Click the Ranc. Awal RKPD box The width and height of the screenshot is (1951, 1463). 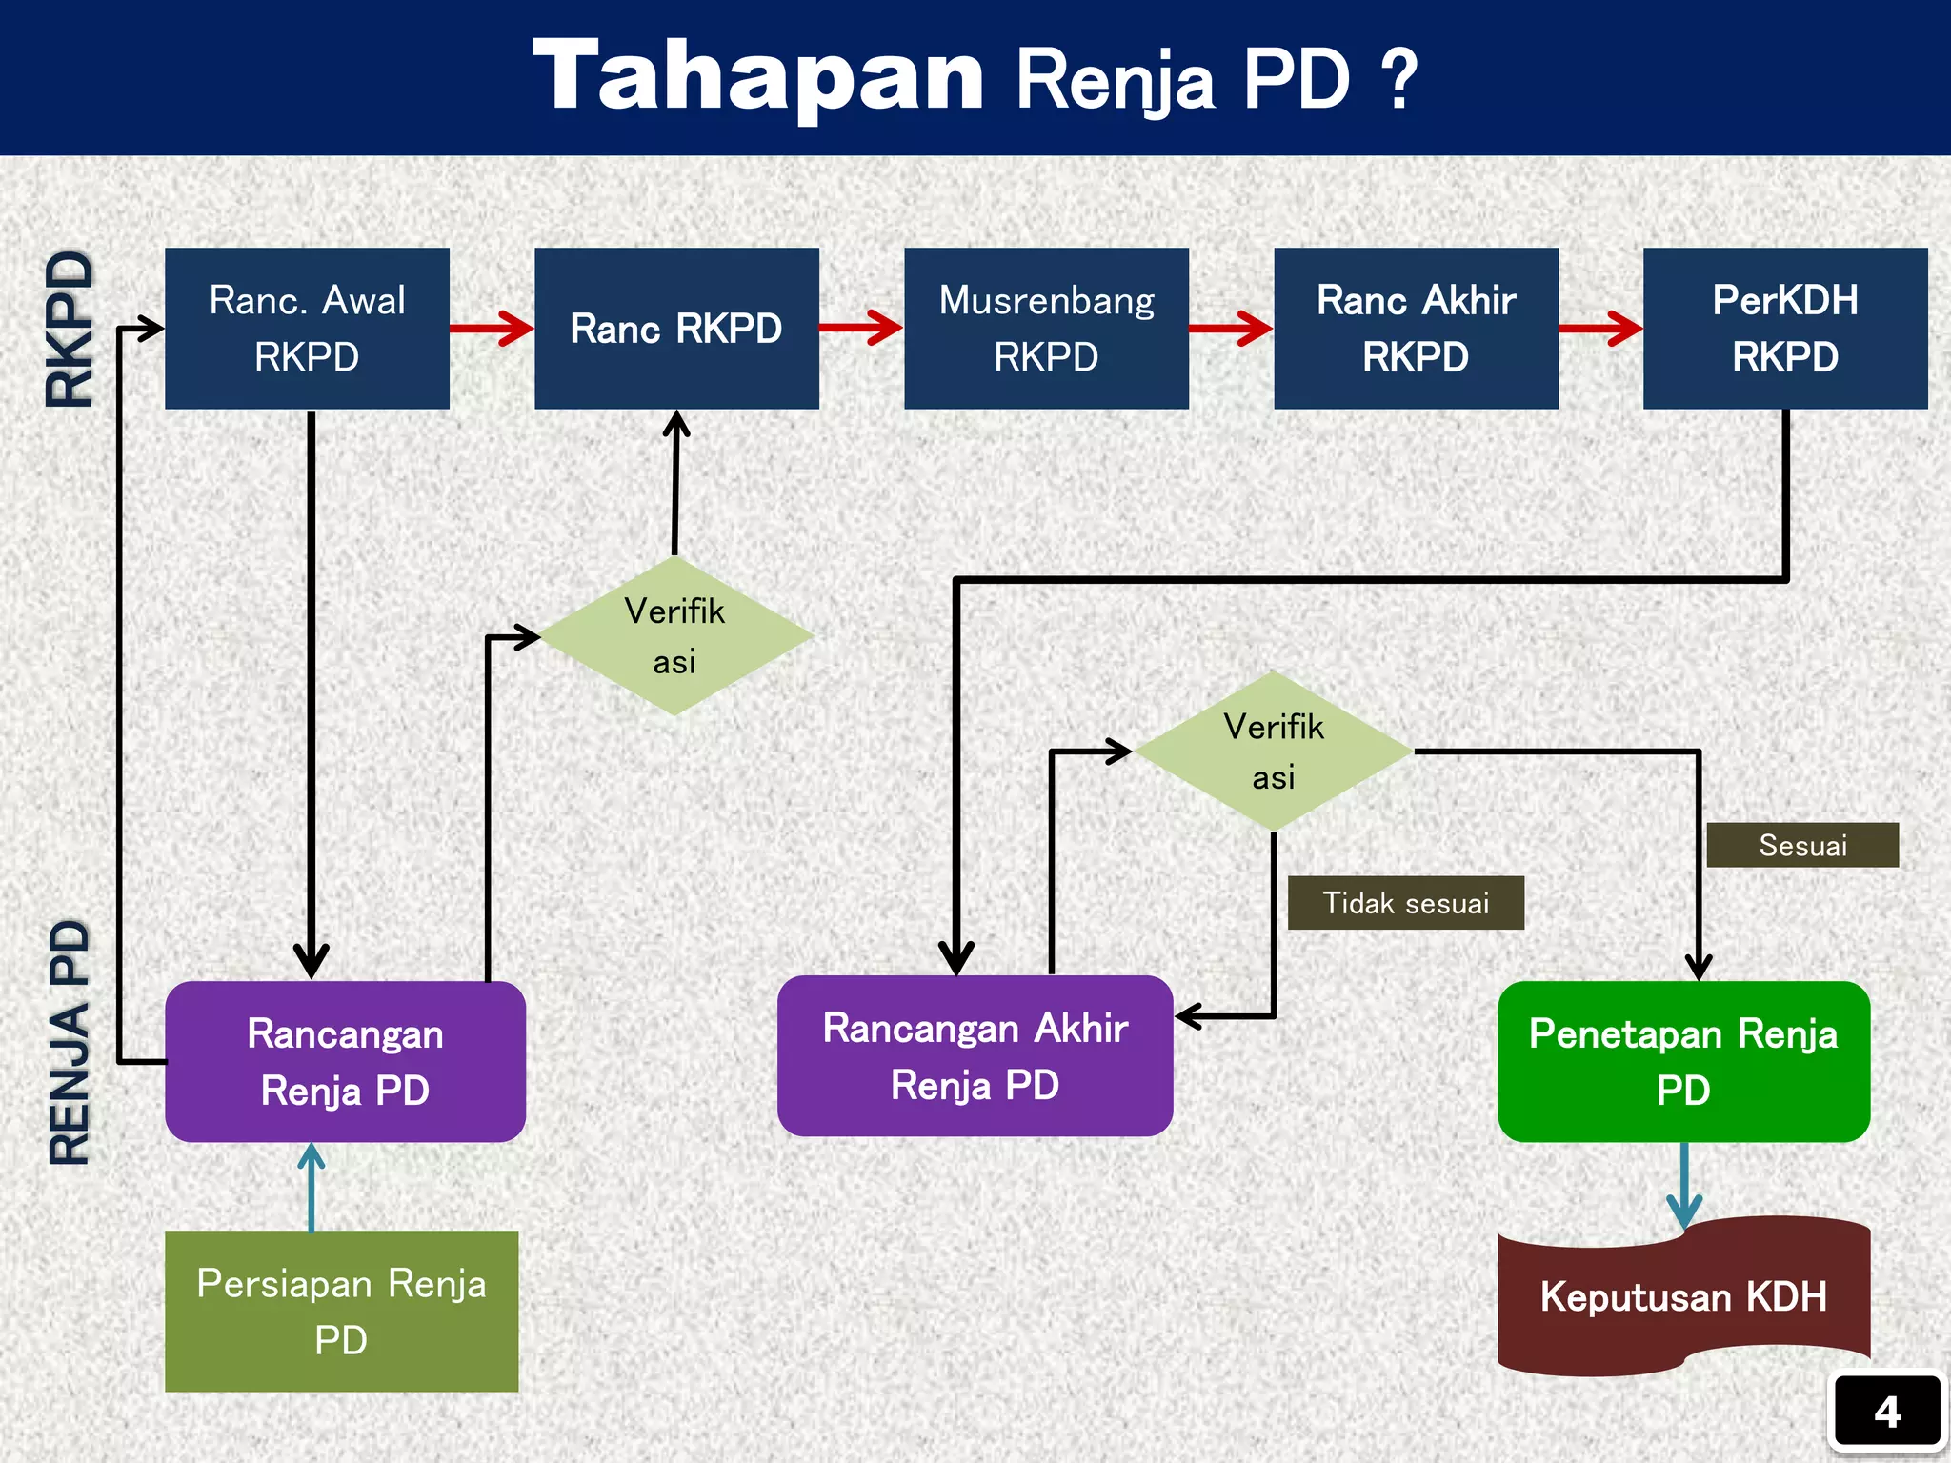(307, 329)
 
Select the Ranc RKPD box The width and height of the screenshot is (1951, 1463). (676, 329)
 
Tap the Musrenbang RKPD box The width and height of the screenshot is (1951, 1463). (1046, 329)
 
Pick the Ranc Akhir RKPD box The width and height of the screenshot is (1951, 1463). (1416, 329)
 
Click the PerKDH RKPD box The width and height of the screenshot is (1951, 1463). (1785, 329)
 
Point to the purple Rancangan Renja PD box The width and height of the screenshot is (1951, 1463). (345, 1062)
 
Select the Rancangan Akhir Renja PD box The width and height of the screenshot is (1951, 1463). (975, 1056)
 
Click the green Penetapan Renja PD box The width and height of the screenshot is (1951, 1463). (1683, 1062)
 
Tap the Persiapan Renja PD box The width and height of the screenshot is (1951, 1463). (341, 1312)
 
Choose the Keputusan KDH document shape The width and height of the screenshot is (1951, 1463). (1683, 1297)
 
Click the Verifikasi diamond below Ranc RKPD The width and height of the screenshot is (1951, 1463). (675, 636)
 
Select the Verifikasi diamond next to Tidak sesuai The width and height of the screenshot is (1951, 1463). (1274, 752)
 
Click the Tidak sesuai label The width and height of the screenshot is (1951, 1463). (1405, 903)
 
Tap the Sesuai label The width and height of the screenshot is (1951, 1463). (1802, 845)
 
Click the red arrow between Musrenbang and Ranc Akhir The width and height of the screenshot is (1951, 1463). (1231, 329)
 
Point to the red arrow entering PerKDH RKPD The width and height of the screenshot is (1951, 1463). (1600, 329)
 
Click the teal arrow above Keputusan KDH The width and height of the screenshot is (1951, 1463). (1684, 1186)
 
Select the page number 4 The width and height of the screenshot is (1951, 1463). (1887, 1412)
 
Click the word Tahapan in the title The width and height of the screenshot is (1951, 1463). (758, 76)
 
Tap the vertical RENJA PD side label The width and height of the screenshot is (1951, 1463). (70, 1043)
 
